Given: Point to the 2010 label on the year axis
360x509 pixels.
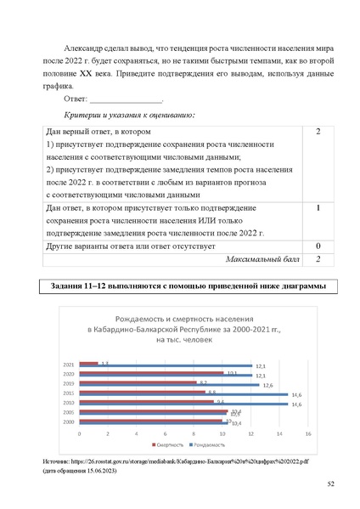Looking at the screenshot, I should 68,402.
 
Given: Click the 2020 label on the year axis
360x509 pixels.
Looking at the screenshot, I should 68,373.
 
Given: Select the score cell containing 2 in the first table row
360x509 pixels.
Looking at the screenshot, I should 317,133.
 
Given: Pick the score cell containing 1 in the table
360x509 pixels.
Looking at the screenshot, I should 317,207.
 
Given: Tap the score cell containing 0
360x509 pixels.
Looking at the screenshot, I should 317,246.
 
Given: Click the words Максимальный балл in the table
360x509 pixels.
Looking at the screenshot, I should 256,260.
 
